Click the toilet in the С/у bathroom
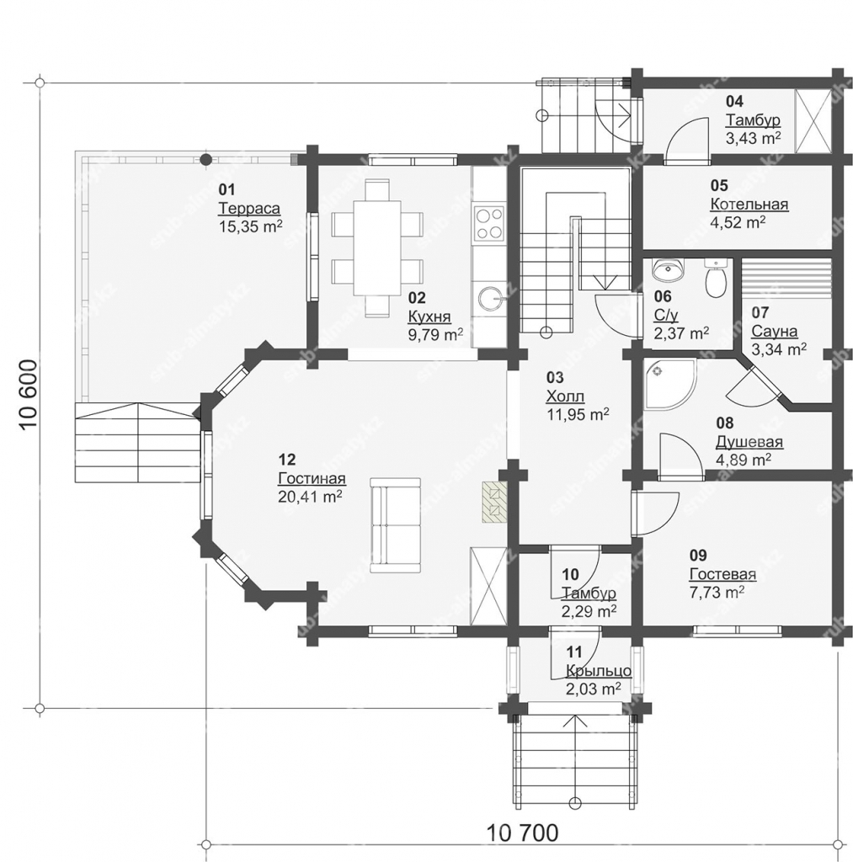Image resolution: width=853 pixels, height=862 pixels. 716,279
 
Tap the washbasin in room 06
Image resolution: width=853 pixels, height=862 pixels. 669,269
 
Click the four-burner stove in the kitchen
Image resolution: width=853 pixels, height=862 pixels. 489,223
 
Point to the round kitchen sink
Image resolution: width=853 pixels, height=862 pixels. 489,300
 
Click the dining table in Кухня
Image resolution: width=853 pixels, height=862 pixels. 377,247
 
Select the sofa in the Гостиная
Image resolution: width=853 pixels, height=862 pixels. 396,524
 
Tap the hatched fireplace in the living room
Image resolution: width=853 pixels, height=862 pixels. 494,502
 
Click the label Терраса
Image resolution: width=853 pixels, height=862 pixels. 249,209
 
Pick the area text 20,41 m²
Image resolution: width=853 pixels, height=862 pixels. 311,497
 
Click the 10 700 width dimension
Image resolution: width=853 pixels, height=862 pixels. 522,833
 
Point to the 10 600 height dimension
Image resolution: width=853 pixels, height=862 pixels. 29,395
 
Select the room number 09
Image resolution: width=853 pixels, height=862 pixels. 698,555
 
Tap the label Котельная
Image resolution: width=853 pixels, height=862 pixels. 749,204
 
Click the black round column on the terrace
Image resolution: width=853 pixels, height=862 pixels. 205,160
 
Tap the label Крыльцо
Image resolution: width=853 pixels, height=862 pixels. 599,671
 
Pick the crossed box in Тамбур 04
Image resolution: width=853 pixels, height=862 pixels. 813,121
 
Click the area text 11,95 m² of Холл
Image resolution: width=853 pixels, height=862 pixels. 578,414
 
